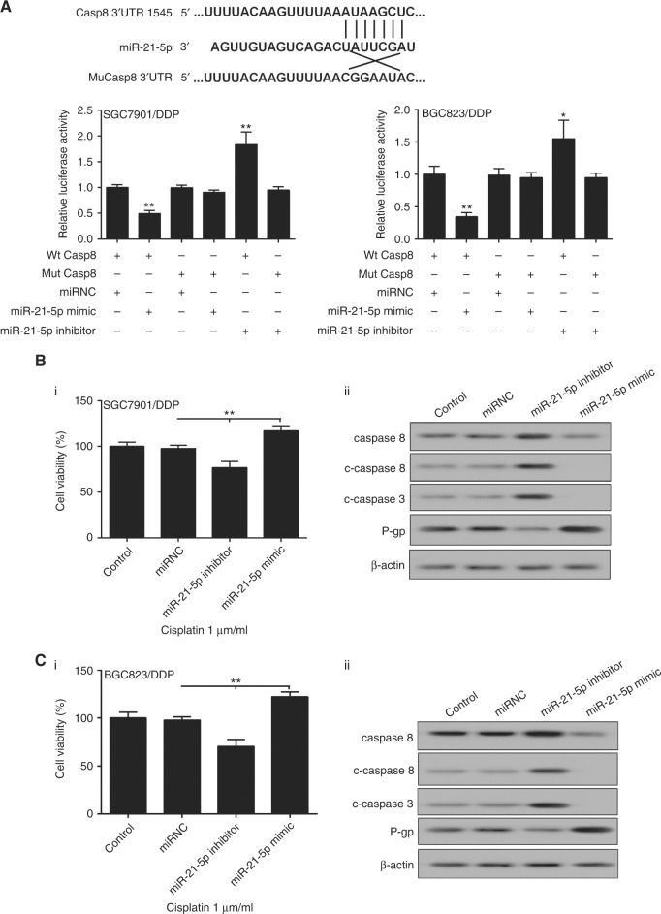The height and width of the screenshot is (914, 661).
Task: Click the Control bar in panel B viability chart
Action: pos(97,464)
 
